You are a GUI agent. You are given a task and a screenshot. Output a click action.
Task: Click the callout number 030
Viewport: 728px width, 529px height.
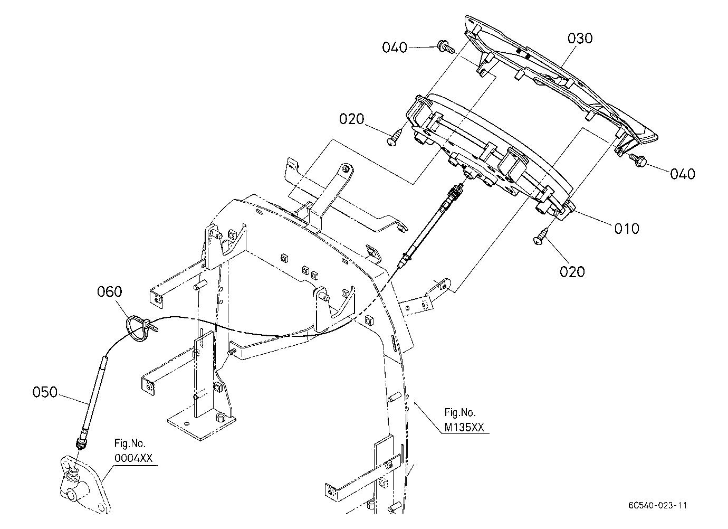[580, 39]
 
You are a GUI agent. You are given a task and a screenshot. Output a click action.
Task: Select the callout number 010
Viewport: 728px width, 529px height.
[627, 229]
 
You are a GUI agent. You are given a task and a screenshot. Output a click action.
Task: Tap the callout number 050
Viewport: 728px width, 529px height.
[45, 392]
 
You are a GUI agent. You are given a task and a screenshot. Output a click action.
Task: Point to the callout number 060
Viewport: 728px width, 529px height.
[110, 291]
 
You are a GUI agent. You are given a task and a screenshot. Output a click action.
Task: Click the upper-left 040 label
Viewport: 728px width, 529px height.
[395, 48]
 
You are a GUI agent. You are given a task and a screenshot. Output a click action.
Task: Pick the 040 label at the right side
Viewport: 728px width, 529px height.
[683, 174]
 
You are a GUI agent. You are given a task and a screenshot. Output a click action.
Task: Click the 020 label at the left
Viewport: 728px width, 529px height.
[352, 119]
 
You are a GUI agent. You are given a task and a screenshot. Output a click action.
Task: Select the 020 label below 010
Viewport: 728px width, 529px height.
[572, 272]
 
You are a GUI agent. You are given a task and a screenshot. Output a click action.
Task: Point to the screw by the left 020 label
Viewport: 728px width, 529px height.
[395, 137]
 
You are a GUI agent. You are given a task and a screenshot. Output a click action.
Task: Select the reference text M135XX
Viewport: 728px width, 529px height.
[464, 427]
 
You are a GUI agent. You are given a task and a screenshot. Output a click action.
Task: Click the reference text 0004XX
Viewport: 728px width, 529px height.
[133, 458]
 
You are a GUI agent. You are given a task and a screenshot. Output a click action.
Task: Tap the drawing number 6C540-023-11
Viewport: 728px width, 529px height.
[658, 505]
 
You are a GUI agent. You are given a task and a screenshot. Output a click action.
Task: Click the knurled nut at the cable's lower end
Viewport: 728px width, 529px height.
[80, 443]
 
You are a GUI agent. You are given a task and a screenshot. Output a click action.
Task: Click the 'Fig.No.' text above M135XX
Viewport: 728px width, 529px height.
[460, 412]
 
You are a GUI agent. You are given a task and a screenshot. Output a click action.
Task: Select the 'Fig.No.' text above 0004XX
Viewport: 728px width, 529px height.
[130, 443]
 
